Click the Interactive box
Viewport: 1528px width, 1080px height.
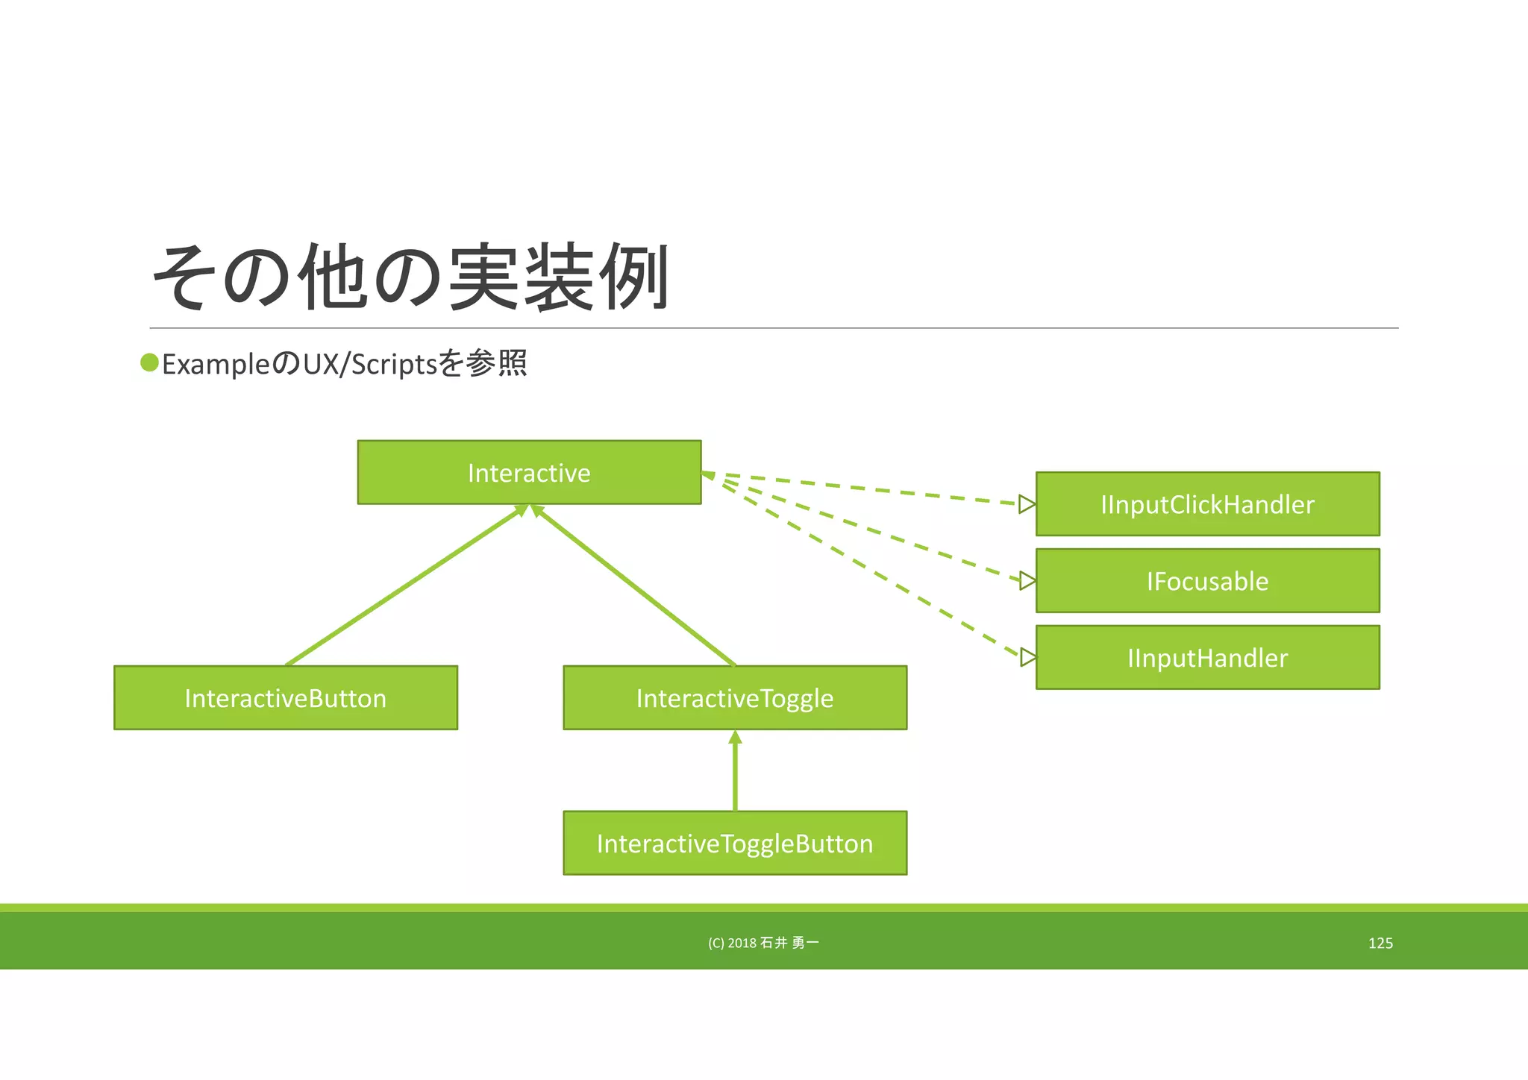[529, 473]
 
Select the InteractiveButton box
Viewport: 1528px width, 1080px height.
[285, 698]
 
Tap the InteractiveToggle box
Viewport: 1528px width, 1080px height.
[735, 698]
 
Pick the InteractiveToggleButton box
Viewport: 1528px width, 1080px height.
[735, 844]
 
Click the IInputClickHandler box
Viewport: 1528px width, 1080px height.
[1207, 504]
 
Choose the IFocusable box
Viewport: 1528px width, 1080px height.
[1207, 581]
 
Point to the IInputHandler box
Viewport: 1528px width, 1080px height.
[1207, 658]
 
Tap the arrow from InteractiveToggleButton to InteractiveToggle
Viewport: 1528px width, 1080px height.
[735, 772]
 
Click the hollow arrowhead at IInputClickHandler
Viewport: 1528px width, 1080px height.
[1027, 504]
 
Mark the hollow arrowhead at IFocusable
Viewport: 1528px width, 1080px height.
[1027, 580]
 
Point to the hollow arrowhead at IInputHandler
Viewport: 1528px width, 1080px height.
[1027, 657]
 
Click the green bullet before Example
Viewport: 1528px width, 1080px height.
[149, 363]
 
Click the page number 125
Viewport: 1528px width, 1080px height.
[1380, 944]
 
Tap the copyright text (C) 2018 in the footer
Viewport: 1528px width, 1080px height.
[732, 944]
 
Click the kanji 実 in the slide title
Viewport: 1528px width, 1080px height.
[483, 277]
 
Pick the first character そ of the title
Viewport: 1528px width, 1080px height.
[181, 277]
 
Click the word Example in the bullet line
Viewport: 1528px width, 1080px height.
[215, 365]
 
